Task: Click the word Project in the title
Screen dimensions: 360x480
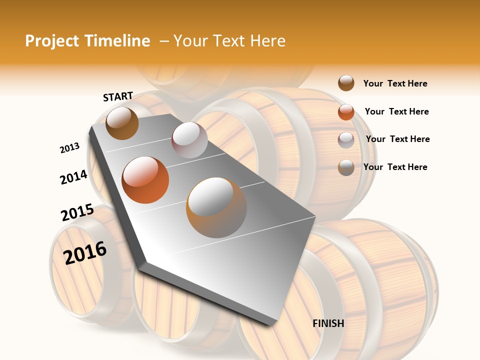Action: point(52,41)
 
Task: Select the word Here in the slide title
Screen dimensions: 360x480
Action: point(267,41)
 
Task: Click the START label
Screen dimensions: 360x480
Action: point(118,96)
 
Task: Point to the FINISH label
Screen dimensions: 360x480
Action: point(328,323)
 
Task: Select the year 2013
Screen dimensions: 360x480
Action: point(69,148)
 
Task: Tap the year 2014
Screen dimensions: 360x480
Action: point(73,177)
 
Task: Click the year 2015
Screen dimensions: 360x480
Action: point(77,212)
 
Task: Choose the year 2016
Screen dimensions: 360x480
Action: point(85,252)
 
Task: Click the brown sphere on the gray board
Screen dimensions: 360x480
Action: point(122,123)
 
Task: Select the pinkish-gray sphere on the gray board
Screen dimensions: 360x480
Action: point(189,140)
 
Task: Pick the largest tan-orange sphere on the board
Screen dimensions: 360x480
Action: point(216,207)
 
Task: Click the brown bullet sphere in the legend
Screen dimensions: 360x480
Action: point(346,83)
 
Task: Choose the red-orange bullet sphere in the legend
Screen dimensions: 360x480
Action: point(346,112)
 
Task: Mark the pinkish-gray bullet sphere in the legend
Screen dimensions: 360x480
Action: point(346,140)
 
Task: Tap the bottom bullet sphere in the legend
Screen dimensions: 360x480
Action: point(346,167)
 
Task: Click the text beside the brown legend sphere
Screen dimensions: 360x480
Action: point(395,83)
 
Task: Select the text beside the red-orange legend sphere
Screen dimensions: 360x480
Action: point(396,111)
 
